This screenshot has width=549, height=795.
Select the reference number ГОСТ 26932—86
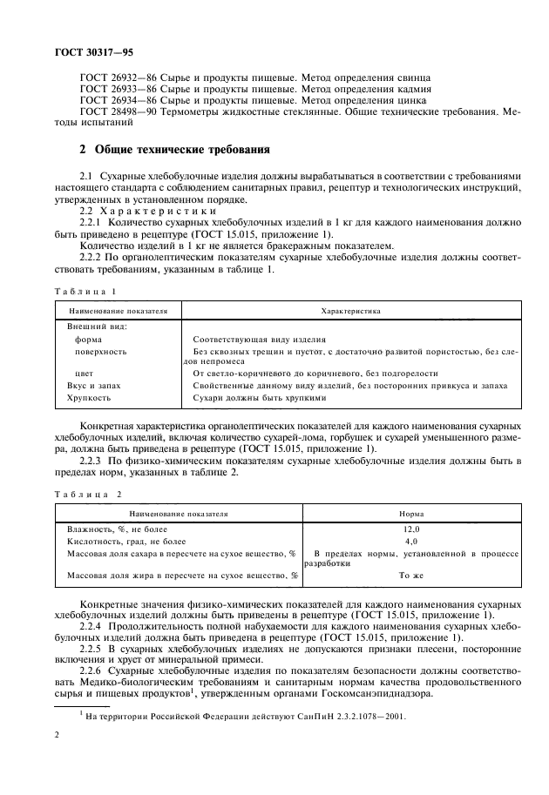pos(110,77)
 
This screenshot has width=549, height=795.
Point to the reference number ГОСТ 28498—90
pos(110,112)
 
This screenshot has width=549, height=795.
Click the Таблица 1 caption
pos(84,291)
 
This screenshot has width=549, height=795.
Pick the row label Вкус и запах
pos(93,385)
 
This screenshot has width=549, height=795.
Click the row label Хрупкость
pos(89,397)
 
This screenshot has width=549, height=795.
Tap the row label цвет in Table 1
pos(85,373)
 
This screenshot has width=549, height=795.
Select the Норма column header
pos(411,514)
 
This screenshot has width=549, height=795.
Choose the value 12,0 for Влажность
pos(411,529)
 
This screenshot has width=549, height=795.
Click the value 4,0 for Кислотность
pos(411,541)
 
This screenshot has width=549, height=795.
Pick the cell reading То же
pos(411,576)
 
